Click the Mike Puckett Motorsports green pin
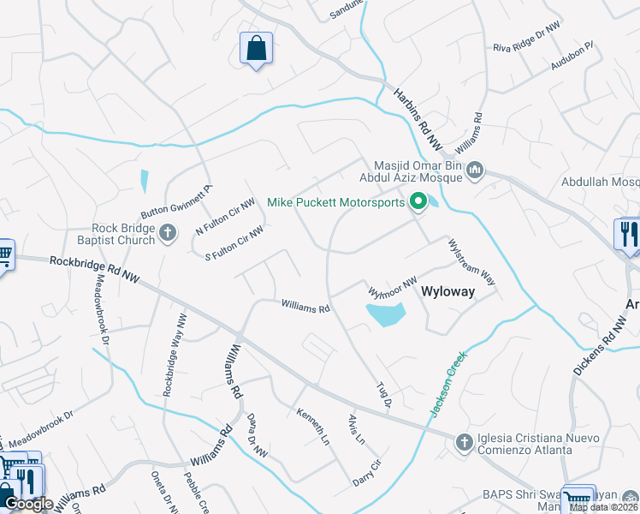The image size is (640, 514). pos(418,203)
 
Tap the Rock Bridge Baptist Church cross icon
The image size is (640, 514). pos(168,231)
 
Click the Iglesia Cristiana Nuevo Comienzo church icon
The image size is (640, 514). pos(464,442)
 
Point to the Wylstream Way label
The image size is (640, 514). pos(472,262)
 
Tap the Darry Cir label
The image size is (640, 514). pos(366,475)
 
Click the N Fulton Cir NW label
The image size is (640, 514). pos(225,218)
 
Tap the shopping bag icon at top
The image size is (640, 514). pos(256,49)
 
